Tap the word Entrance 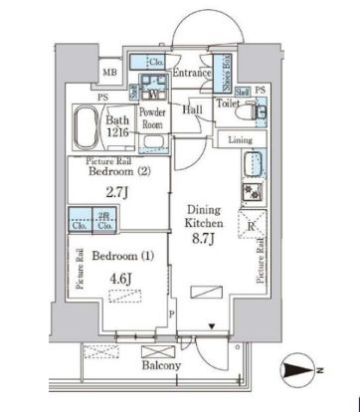click(x=191, y=73)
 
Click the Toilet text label click(x=228, y=102)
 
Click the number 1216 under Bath click(x=118, y=137)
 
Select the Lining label click(x=240, y=140)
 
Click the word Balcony click(x=159, y=366)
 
